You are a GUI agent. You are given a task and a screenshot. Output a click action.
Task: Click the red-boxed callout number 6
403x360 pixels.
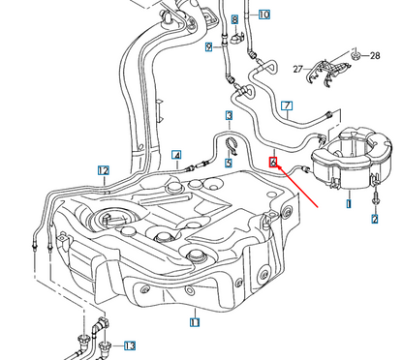pyautogui.click(x=274, y=164)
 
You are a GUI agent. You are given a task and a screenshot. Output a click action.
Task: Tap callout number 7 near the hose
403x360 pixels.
pyautogui.click(x=286, y=105)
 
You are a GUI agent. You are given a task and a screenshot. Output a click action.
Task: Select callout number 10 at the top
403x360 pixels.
pyautogui.click(x=264, y=15)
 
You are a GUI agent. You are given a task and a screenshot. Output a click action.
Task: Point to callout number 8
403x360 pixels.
pyautogui.click(x=234, y=20)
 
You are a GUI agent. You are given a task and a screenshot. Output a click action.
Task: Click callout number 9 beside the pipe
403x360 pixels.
pyautogui.click(x=208, y=45)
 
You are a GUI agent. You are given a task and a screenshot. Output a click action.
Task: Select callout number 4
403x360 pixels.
pyautogui.click(x=177, y=154)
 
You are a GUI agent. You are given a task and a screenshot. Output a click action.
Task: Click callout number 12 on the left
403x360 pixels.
pyautogui.click(x=104, y=170)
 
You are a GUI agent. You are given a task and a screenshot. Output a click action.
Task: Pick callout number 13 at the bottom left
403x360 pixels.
pyautogui.click(x=130, y=345)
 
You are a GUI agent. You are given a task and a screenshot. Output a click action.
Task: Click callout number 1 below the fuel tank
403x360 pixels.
pyautogui.click(x=195, y=321)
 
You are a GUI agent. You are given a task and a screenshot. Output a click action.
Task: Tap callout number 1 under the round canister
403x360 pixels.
pyautogui.click(x=349, y=205)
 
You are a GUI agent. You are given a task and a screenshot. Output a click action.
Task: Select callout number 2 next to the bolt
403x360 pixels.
pyautogui.click(x=375, y=220)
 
